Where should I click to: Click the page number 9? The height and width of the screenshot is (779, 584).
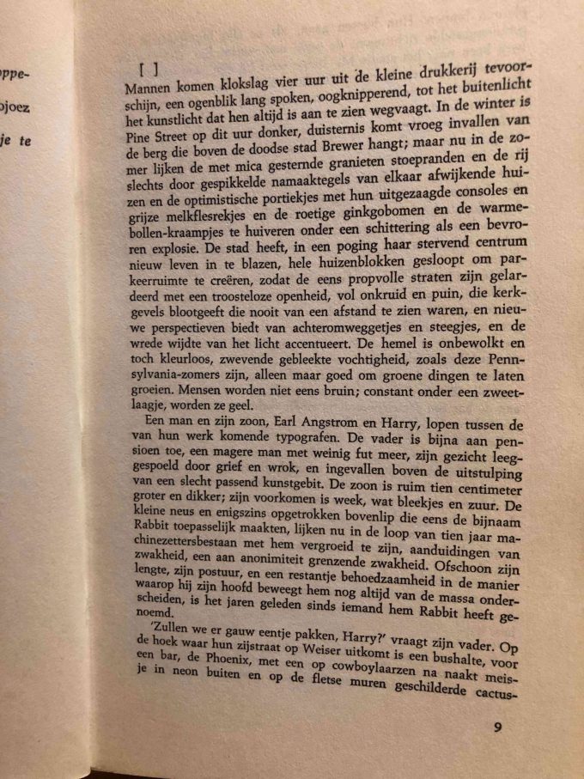[497, 727]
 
